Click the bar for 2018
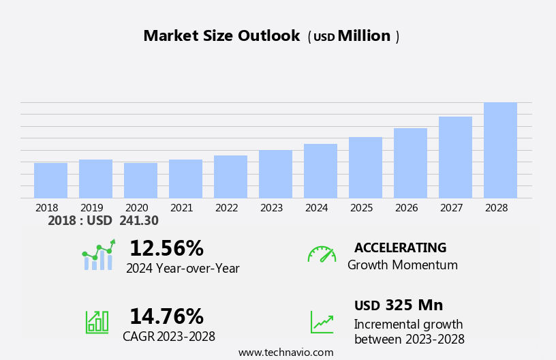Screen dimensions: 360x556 click(x=50, y=181)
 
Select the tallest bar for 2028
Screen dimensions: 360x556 click(x=500, y=151)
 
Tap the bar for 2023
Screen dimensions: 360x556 click(x=275, y=175)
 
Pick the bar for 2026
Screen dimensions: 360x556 click(x=410, y=164)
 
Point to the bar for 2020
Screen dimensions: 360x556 click(x=140, y=181)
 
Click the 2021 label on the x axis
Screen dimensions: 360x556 click(x=181, y=208)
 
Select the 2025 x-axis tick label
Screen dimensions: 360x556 click(x=361, y=208)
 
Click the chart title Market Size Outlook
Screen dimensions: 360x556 click(x=221, y=36)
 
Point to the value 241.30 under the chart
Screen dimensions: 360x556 click(x=139, y=221)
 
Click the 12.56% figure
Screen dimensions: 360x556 click(x=166, y=248)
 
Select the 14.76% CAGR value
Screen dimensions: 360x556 click(x=166, y=316)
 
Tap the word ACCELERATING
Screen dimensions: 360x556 click(x=400, y=248)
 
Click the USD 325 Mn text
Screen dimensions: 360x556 click(x=399, y=305)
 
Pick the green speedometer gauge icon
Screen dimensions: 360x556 click(x=322, y=254)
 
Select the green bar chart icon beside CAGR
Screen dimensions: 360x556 click(x=97, y=321)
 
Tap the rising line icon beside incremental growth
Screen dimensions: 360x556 click(x=322, y=322)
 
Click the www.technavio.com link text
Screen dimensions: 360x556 click(x=285, y=352)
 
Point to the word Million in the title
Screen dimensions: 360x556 click(x=364, y=36)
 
